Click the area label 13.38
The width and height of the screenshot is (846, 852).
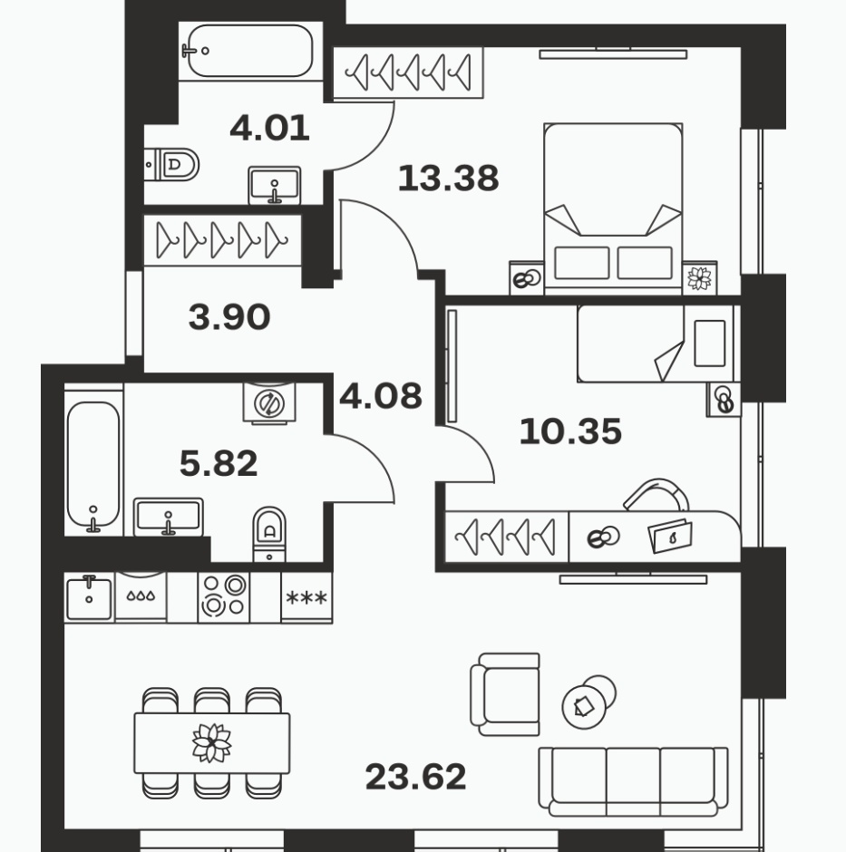click(448, 179)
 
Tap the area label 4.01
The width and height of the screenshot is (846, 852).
click(269, 128)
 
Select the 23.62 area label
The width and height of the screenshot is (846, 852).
click(416, 777)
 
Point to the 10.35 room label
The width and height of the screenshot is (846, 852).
click(570, 431)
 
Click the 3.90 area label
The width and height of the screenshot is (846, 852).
click(229, 317)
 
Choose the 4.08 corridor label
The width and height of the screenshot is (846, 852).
click(381, 396)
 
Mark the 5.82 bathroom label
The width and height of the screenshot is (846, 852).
click(219, 463)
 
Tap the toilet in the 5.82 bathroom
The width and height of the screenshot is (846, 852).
click(269, 534)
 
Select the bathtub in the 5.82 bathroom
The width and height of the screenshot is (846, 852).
click(93, 466)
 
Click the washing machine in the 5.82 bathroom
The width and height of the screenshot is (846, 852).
click(269, 402)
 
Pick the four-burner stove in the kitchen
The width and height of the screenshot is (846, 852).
click(223, 597)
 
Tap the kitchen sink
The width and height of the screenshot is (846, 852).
click(89, 597)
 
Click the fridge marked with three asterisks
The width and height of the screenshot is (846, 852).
click(306, 597)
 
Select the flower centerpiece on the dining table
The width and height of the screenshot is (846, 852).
click(212, 743)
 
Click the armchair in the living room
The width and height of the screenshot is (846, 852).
click(505, 694)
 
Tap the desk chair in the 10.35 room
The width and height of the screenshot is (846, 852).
click(656, 495)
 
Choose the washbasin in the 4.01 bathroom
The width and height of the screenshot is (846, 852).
click(275, 185)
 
